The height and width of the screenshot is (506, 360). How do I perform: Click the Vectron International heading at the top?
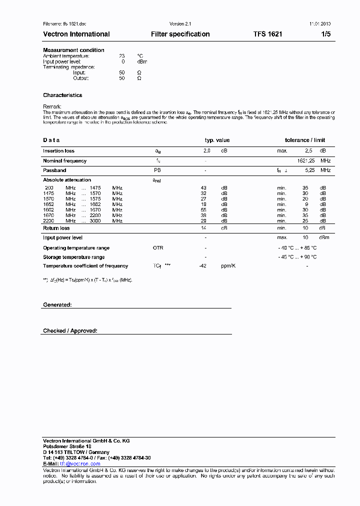tap(76, 34)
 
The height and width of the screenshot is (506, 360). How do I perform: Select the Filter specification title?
tap(180, 34)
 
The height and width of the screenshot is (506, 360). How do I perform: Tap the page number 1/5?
tap(325, 34)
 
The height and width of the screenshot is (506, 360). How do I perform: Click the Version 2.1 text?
tap(180, 24)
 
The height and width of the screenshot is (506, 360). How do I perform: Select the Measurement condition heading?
tap(73, 50)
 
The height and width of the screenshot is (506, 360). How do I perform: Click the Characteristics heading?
tap(62, 95)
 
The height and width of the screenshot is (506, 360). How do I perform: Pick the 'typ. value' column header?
tap(217, 140)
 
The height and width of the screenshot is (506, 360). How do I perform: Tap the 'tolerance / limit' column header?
tap(305, 140)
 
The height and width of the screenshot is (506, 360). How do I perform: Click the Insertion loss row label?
tap(58, 150)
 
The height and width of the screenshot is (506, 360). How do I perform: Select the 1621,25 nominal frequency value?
tap(306, 161)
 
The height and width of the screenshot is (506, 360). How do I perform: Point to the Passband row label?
tap(54, 170)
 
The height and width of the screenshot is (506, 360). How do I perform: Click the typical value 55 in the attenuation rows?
tap(203, 210)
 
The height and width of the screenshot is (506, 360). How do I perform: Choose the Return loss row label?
tap(56, 228)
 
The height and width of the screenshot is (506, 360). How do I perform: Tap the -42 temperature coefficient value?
tap(202, 266)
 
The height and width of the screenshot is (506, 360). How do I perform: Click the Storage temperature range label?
tap(73, 257)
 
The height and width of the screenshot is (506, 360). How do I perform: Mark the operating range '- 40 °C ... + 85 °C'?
tap(297, 248)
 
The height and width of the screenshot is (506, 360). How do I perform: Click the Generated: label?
tap(57, 304)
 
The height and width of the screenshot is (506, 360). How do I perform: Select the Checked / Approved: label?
tap(70, 331)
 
